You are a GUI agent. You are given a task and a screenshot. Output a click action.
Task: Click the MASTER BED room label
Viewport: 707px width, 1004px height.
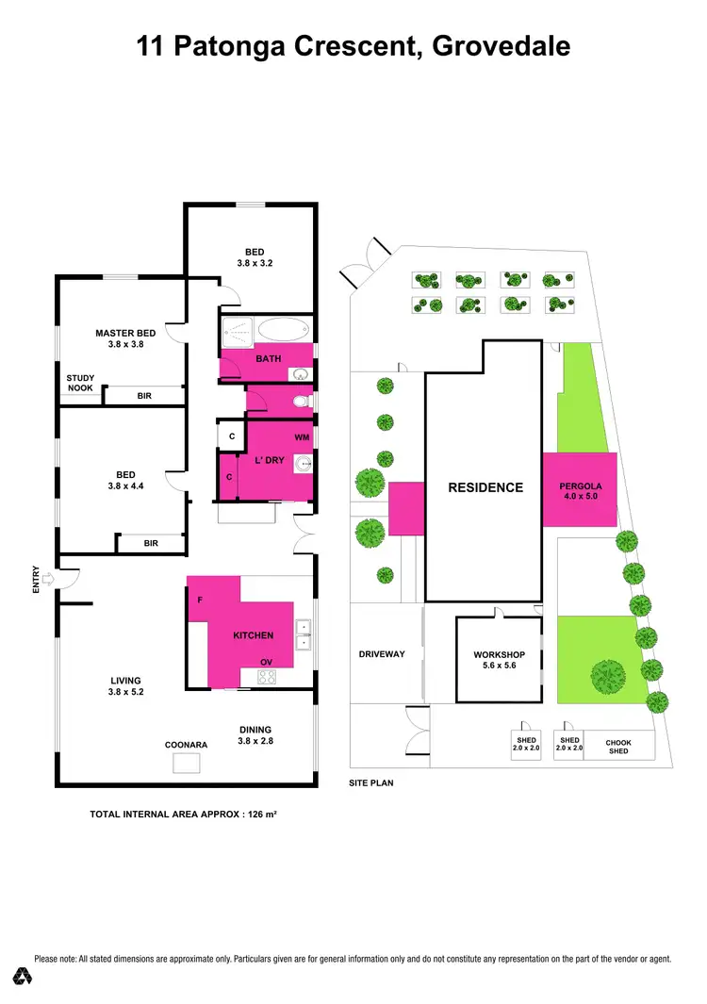pyautogui.click(x=125, y=333)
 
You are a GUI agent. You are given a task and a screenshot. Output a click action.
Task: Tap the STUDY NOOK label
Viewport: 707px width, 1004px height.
pyautogui.click(x=80, y=383)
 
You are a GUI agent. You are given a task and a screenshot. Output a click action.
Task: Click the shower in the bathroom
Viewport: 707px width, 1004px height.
pyautogui.click(x=238, y=332)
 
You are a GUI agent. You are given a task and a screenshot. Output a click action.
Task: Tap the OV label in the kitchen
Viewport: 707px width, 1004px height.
pyautogui.click(x=266, y=662)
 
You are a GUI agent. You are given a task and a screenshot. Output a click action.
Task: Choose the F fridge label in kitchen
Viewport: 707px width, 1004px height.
pyautogui.click(x=199, y=600)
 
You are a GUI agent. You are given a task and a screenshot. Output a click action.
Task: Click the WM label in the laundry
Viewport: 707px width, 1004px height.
pyautogui.click(x=302, y=437)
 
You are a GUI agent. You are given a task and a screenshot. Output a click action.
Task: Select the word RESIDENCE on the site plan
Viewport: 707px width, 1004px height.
pyautogui.click(x=485, y=487)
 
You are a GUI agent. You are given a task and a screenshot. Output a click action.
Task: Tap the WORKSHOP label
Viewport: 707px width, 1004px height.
pyautogui.click(x=499, y=654)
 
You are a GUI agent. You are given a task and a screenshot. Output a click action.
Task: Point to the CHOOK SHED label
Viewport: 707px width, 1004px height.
pyautogui.click(x=618, y=747)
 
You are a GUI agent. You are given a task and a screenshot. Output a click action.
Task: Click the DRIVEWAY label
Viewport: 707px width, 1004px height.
pyautogui.click(x=382, y=654)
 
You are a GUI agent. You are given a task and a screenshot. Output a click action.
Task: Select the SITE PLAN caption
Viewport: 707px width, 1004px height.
pyautogui.click(x=370, y=783)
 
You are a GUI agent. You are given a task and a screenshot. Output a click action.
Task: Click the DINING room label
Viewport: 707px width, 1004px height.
pyautogui.click(x=255, y=729)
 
